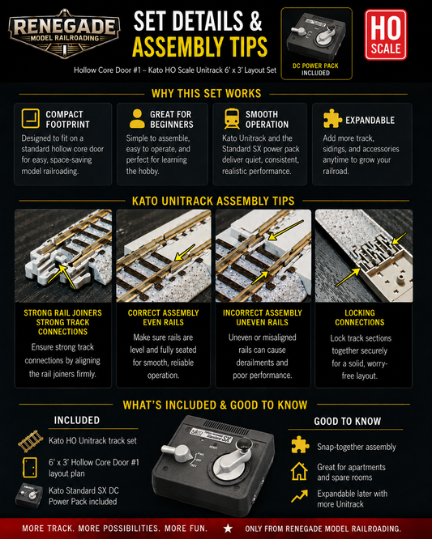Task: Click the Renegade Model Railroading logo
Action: click(64, 34)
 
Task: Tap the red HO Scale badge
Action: click(386, 35)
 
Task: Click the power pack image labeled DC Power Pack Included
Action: click(316, 36)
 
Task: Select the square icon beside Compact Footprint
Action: click(30, 119)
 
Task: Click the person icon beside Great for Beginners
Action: click(137, 119)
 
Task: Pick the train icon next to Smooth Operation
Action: click(232, 119)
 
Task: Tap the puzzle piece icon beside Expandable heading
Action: click(332, 119)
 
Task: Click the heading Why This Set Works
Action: click(206, 94)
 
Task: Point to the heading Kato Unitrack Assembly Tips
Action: click(213, 201)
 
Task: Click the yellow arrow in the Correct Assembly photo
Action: click(185, 253)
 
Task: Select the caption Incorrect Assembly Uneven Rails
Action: click(263, 317)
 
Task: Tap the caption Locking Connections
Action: click(360, 317)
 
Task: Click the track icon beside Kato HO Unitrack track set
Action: click(31, 441)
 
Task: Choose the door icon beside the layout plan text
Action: click(30, 468)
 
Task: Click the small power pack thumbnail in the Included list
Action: click(29, 495)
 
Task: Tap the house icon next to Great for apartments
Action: click(299, 471)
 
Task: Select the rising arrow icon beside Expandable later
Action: click(299, 496)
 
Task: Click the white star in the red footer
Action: click(228, 528)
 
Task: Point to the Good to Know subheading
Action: click(348, 421)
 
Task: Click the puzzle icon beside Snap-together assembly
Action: click(300, 445)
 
